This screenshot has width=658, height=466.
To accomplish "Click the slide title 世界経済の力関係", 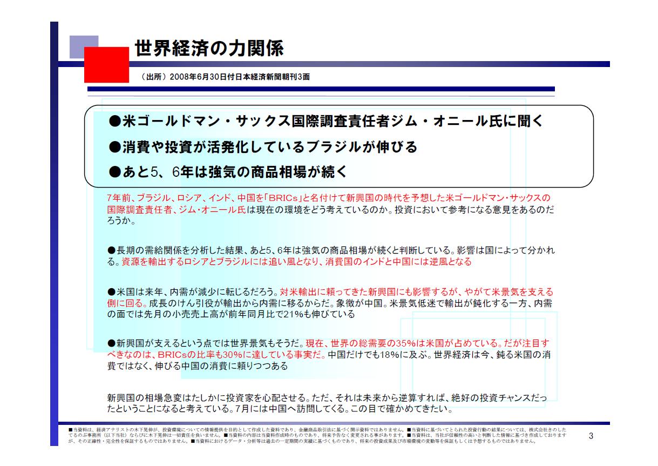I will coord(208,49).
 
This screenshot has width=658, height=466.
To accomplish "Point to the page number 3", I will coord(591,436).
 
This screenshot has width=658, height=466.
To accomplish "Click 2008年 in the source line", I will coord(180,78).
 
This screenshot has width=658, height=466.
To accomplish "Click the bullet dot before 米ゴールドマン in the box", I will coord(114,122).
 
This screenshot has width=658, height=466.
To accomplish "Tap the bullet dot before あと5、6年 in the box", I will coord(114,172).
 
